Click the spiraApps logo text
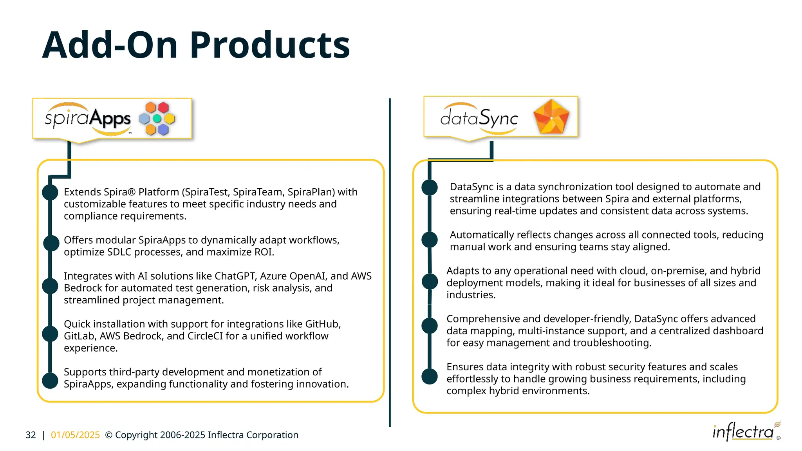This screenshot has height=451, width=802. click(x=88, y=119)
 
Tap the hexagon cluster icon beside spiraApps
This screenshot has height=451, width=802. click(x=157, y=118)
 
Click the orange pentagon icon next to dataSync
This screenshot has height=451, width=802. click(x=551, y=117)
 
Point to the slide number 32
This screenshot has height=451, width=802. click(x=31, y=435)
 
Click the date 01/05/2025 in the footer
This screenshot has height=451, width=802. click(x=75, y=435)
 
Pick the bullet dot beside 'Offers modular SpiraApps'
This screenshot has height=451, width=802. click(x=51, y=243)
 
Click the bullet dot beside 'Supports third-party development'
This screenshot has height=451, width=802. click(x=50, y=381)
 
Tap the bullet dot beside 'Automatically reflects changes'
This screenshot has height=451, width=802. click(x=430, y=240)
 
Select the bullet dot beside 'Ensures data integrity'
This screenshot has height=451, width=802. click(x=430, y=376)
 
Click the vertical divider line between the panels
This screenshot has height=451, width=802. click(x=390, y=262)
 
